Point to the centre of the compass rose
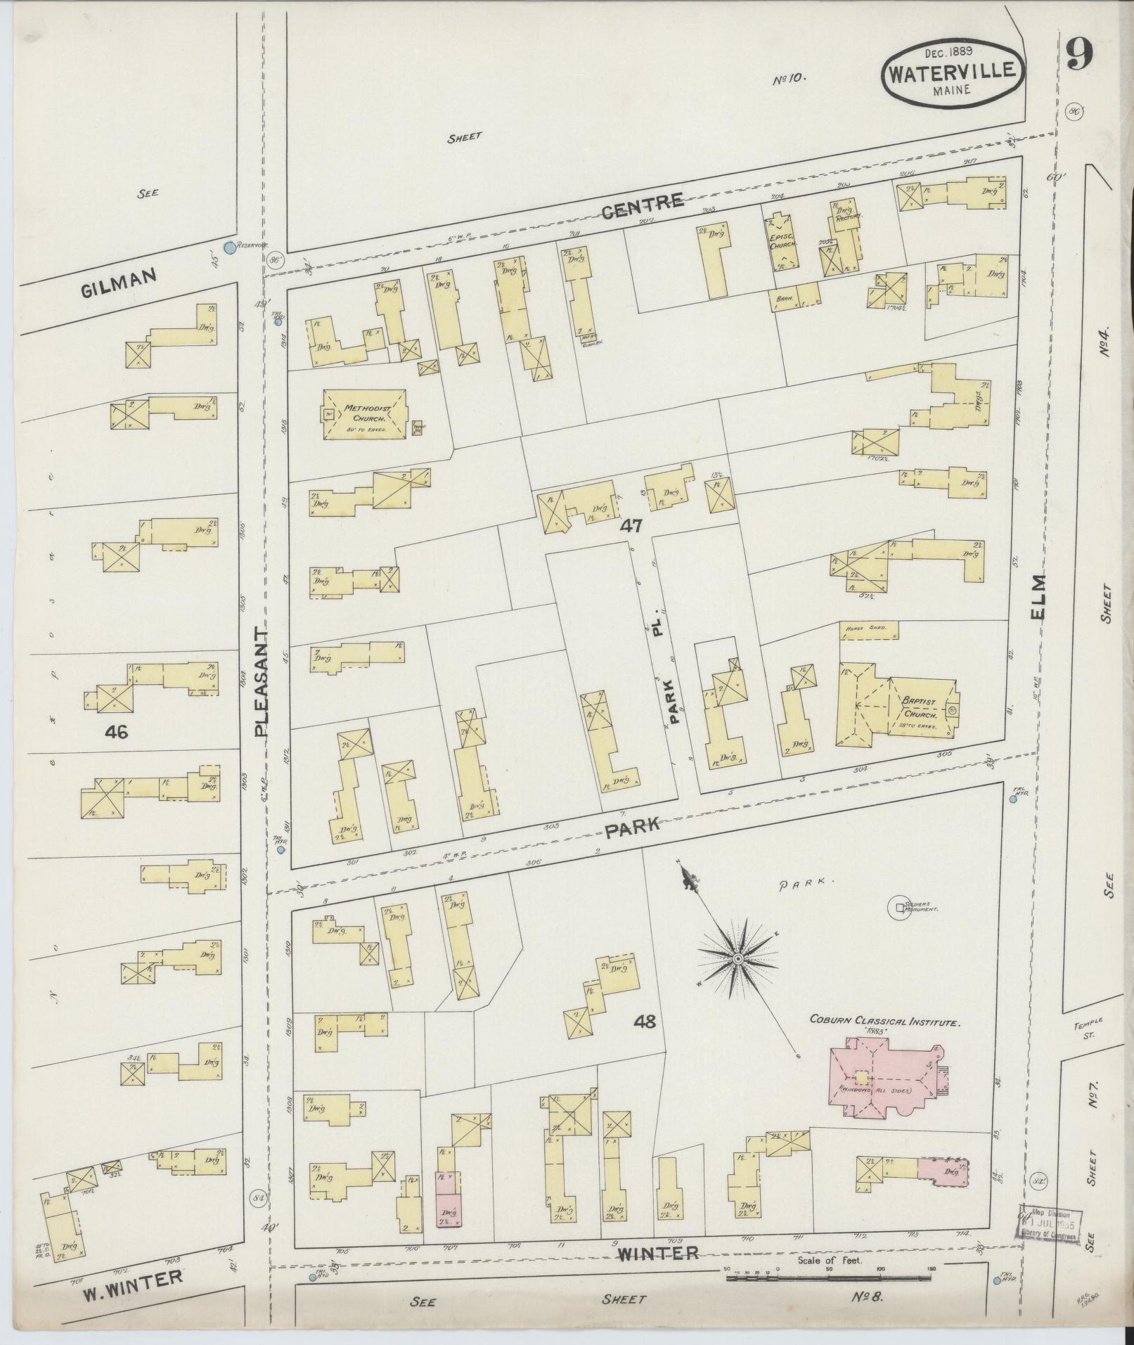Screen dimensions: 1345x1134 coord(738,959)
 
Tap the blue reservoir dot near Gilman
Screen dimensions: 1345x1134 coord(228,247)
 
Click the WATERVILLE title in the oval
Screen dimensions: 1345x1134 coord(953,71)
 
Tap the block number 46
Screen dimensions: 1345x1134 coord(116,732)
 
